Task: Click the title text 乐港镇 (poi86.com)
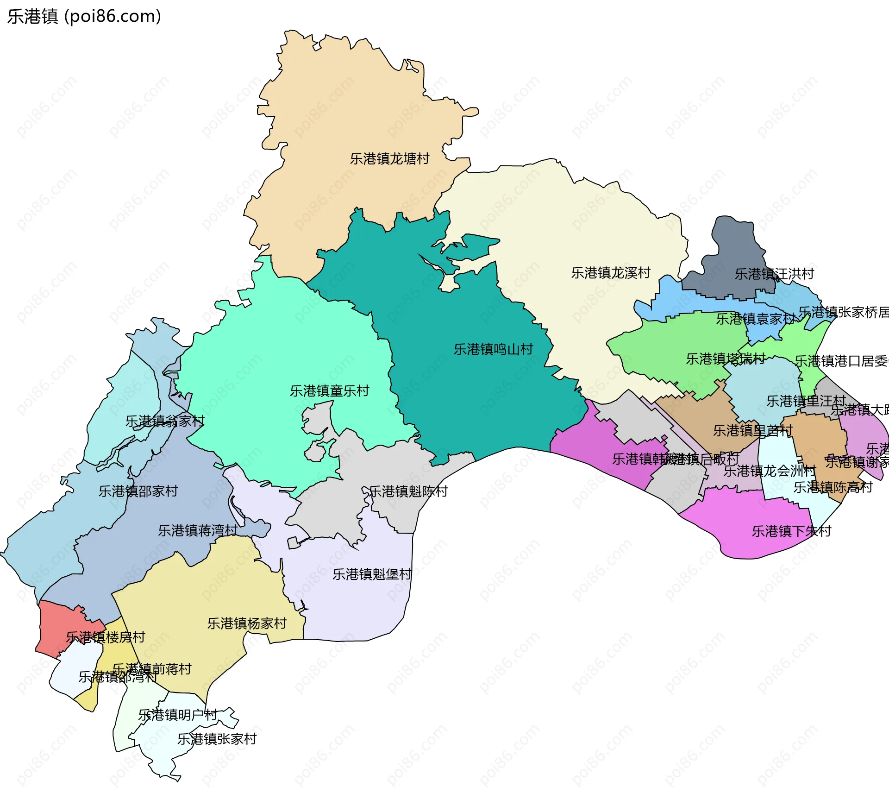click(84, 16)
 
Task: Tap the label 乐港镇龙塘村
click(389, 159)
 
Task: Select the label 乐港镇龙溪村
click(610, 273)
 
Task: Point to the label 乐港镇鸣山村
click(493, 349)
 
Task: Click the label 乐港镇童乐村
click(329, 391)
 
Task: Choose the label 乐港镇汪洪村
click(774, 274)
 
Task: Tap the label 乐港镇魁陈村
click(408, 491)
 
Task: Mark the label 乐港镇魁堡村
click(372, 574)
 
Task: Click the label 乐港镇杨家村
click(247, 623)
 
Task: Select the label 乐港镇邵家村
click(138, 491)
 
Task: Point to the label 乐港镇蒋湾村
click(198, 530)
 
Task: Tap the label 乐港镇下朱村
click(791, 531)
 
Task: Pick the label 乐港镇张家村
click(217, 739)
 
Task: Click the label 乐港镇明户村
click(178, 715)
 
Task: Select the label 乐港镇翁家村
click(165, 421)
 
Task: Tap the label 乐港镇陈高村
click(833, 487)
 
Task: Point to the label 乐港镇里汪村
click(806, 401)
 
